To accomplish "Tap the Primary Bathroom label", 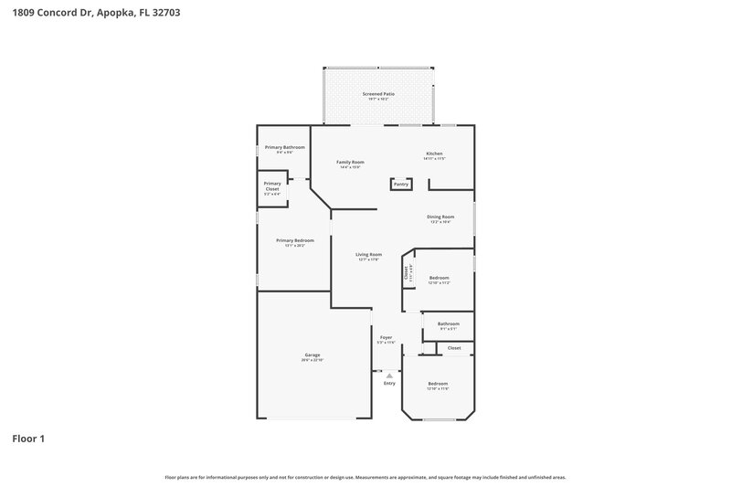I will pos(284,147).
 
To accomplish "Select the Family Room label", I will pos(350,162).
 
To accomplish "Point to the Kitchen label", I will pos(434,153).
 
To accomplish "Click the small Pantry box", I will pos(401,184).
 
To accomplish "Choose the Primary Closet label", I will pos(272,185).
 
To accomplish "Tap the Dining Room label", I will pos(440,217).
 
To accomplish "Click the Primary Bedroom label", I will pos(294,240).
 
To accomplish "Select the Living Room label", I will pos(368,254).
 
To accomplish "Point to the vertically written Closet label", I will pos(407,271).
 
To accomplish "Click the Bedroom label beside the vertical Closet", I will pos(439,277).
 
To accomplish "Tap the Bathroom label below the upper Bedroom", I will pos(448,323).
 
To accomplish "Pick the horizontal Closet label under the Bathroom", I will pos(454,348).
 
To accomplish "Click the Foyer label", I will pos(387,337).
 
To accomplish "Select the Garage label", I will pos(313,355).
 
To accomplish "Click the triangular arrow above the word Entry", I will pos(389,375).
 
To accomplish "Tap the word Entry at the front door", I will pos(389,383).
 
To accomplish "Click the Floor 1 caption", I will pos(28,439).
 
